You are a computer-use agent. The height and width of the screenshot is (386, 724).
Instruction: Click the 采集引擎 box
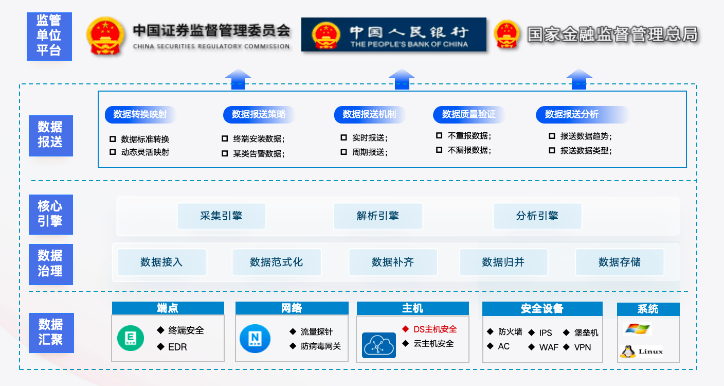coord(221,216)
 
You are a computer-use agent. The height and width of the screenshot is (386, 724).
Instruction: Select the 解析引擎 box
coord(378,216)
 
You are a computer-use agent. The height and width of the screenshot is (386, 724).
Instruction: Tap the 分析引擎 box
coord(537,216)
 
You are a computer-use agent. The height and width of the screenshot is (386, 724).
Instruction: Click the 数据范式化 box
coord(277,262)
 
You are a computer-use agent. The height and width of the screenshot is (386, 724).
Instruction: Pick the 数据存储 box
coord(620,262)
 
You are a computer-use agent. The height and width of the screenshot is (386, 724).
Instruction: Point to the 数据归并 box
coord(503,262)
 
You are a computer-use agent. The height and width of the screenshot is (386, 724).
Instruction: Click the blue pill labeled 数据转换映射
coord(140,114)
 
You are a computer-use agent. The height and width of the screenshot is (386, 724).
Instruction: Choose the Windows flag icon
coord(638,329)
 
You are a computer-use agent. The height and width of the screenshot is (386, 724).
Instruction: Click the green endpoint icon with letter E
coord(131,339)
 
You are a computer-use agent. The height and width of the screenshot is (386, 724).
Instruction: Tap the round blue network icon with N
coord(255,339)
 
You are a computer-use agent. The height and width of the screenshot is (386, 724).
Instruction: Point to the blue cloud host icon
coord(379,345)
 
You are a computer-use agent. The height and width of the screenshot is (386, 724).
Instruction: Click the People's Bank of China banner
coord(393,34)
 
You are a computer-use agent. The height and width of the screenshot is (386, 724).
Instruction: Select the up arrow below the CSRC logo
coord(238,80)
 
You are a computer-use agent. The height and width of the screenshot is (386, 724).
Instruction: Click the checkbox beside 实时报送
coord(343,138)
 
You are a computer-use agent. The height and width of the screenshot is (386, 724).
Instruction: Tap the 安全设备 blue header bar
coord(542,309)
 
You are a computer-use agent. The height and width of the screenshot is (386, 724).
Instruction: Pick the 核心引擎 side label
coord(50,214)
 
